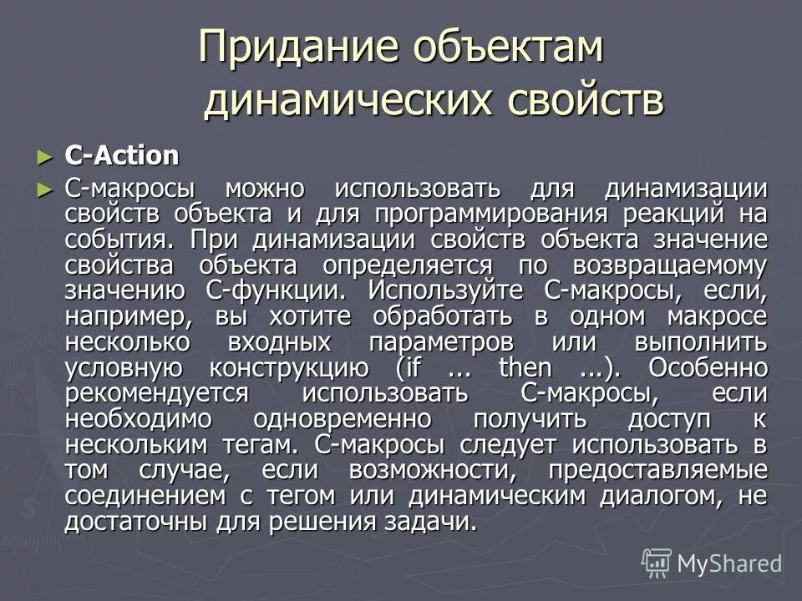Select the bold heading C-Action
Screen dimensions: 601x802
coord(122,156)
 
